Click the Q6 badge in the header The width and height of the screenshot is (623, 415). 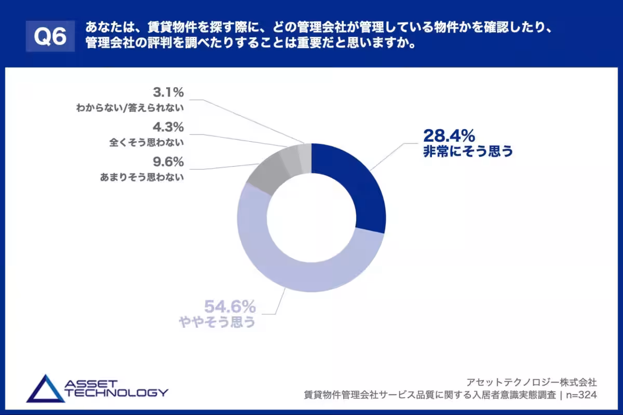(x=50, y=36)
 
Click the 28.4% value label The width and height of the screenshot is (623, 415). (x=449, y=136)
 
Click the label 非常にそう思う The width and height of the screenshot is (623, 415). (x=468, y=151)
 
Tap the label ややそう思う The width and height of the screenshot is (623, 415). (x=218, y=322)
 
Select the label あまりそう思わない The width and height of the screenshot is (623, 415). (x=142, y=177)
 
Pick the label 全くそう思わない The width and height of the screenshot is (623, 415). (x=147, y=142)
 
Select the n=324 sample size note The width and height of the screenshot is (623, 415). (x=581, y=395)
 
